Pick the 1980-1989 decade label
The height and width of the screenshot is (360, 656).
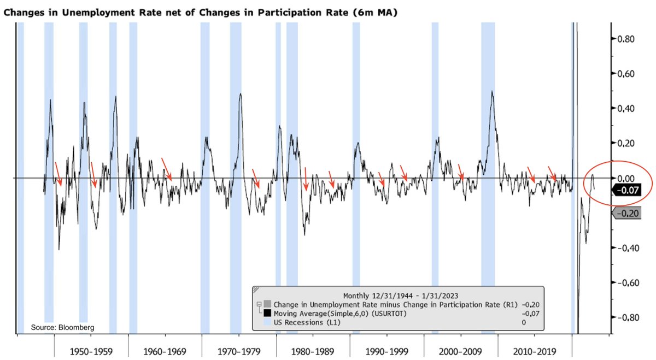coord(313,350)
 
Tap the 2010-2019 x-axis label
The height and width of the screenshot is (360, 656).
coord(534,350)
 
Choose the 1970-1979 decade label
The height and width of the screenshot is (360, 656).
coord(239,350)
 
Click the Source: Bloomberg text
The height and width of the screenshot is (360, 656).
coord(62,327)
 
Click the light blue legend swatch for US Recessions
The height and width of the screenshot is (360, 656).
coord(267,322)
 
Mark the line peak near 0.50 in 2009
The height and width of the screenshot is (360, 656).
coord(492,92)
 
